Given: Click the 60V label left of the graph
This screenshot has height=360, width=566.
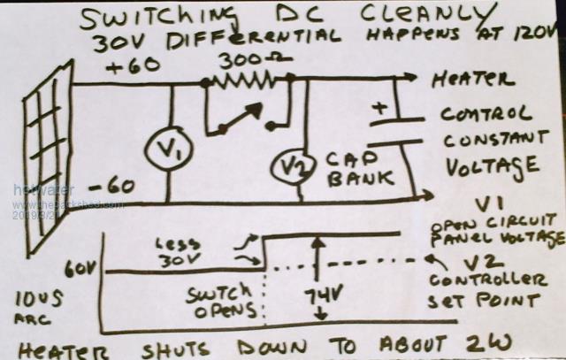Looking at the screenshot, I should pyautogui.click(x=77, y=265).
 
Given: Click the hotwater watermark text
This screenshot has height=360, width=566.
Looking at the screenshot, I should pyautogui.click(x=34, y=188).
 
